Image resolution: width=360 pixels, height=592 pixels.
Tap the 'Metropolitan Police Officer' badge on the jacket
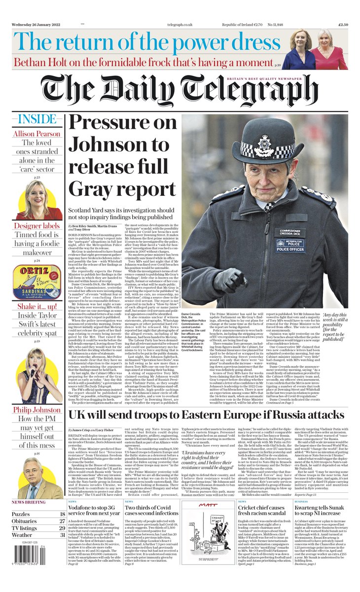[290, 245]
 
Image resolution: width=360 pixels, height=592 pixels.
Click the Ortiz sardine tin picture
[37, 281]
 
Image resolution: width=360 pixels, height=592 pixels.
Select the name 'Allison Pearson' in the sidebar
[37, 134]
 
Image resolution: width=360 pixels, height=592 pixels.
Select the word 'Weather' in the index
[23, 535]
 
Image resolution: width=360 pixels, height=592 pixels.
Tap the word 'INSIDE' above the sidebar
[36, 119]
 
